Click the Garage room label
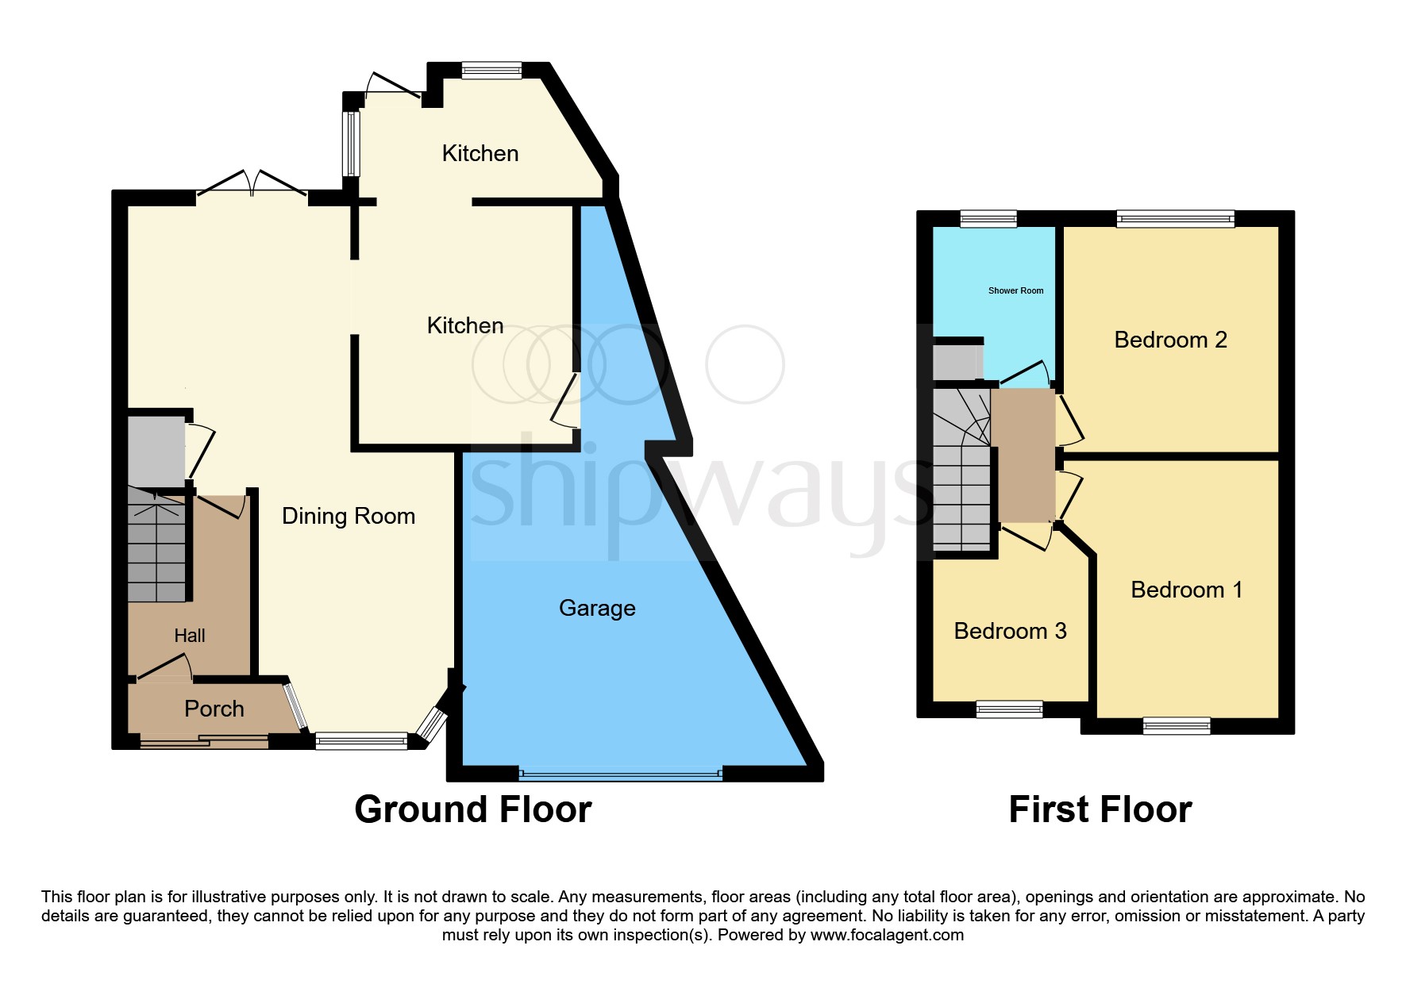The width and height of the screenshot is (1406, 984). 597,609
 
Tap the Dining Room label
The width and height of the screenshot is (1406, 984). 349,517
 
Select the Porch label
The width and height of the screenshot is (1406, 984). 214,709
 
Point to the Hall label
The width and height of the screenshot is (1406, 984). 190,636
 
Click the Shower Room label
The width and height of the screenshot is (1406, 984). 1015,291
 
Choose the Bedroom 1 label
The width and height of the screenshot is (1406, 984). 1186,590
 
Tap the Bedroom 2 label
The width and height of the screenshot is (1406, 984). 1170,340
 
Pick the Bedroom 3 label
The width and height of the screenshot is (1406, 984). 1010,632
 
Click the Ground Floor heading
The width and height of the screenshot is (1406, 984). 473,810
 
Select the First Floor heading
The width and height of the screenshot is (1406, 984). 1100,810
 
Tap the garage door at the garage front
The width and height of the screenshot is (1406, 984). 621,773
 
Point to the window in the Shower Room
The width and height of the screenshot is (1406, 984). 988,219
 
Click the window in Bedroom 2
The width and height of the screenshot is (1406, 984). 1175,219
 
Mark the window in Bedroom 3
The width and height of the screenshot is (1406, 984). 1009,709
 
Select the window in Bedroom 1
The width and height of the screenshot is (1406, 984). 1177,725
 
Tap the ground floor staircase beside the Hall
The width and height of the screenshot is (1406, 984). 157,548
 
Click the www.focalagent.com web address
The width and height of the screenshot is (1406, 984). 887,935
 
